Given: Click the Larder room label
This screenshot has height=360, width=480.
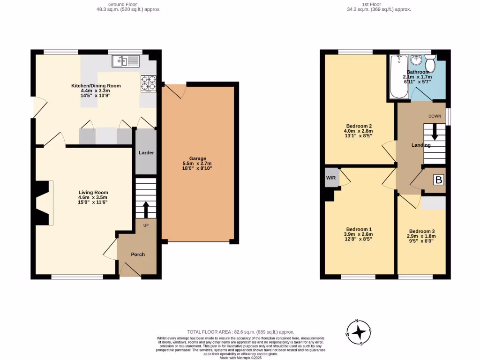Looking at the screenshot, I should pyautogui.click(x=146, y=153).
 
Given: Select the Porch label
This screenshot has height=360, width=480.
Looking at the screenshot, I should pyautogui.click(x=138, y=255).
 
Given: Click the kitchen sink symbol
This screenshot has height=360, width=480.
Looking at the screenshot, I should pyautogui.click(x=126, y=61).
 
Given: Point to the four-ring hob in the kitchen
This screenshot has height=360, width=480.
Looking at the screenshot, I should pyautogui.click(x=148, y=83).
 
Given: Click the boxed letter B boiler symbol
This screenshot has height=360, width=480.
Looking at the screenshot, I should pyautogui.click(x=438, y=180).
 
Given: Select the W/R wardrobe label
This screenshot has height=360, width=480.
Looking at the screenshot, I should pyautogui.click(x=330, y=178).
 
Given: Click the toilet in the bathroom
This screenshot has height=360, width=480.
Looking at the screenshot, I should pyautogui.click(x=430, y=62).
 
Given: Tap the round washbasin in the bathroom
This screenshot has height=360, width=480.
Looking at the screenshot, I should pyautogui.click(x=416, y=60).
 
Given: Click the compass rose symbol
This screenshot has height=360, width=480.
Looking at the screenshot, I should pyautogui.click(x=359, y=332).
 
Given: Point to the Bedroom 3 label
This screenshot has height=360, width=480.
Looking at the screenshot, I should pyautogui.click(x=421, y=231).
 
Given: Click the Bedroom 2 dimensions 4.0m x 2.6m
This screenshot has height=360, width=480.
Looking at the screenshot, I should pyautogui.click(x=359, y=131).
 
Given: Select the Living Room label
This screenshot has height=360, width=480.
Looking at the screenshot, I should pyautogui.click(x=94, y=192).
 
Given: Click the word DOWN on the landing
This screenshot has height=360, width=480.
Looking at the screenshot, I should pyautogui.click(x=434, y=116).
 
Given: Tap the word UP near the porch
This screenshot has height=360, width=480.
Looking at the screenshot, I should pyautogui.click(x=146, y=225).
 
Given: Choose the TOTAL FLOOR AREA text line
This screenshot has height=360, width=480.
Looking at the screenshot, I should pyautogui.click(x=240, y=331).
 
